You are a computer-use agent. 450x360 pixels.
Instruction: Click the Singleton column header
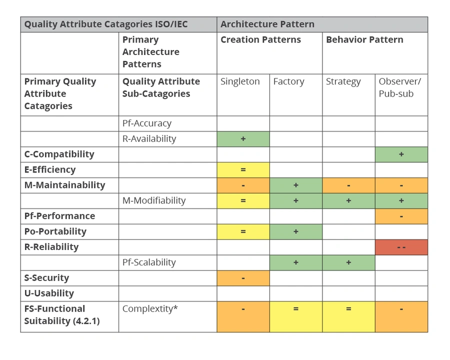240,81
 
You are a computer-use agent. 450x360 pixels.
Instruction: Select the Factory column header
288,81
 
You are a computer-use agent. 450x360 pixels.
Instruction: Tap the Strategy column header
343,81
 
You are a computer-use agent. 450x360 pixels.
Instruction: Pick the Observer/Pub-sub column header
400,87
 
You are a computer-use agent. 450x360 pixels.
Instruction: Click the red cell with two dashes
401,247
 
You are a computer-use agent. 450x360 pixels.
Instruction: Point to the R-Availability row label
149,138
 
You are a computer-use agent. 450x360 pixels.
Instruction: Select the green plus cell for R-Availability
243,139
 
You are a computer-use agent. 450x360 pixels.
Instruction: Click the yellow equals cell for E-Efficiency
243,170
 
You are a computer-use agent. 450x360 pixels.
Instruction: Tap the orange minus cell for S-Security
243,278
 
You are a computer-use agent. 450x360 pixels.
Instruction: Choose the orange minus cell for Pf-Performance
401,216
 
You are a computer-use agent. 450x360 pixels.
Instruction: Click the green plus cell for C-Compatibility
401,154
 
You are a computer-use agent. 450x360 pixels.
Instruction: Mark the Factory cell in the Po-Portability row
296,231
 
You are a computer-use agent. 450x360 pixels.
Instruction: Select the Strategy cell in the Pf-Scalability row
348,262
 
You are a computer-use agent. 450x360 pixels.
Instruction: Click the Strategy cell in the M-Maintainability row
348,185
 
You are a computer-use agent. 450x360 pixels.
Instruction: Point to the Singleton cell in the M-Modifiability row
243,200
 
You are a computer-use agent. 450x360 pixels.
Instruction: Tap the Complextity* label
150,309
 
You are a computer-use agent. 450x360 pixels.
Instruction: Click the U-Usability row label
49,293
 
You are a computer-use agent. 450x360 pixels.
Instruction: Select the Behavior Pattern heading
364,39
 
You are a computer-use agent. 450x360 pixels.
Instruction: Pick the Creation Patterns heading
260,39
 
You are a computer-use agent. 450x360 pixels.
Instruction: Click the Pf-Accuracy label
147,123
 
